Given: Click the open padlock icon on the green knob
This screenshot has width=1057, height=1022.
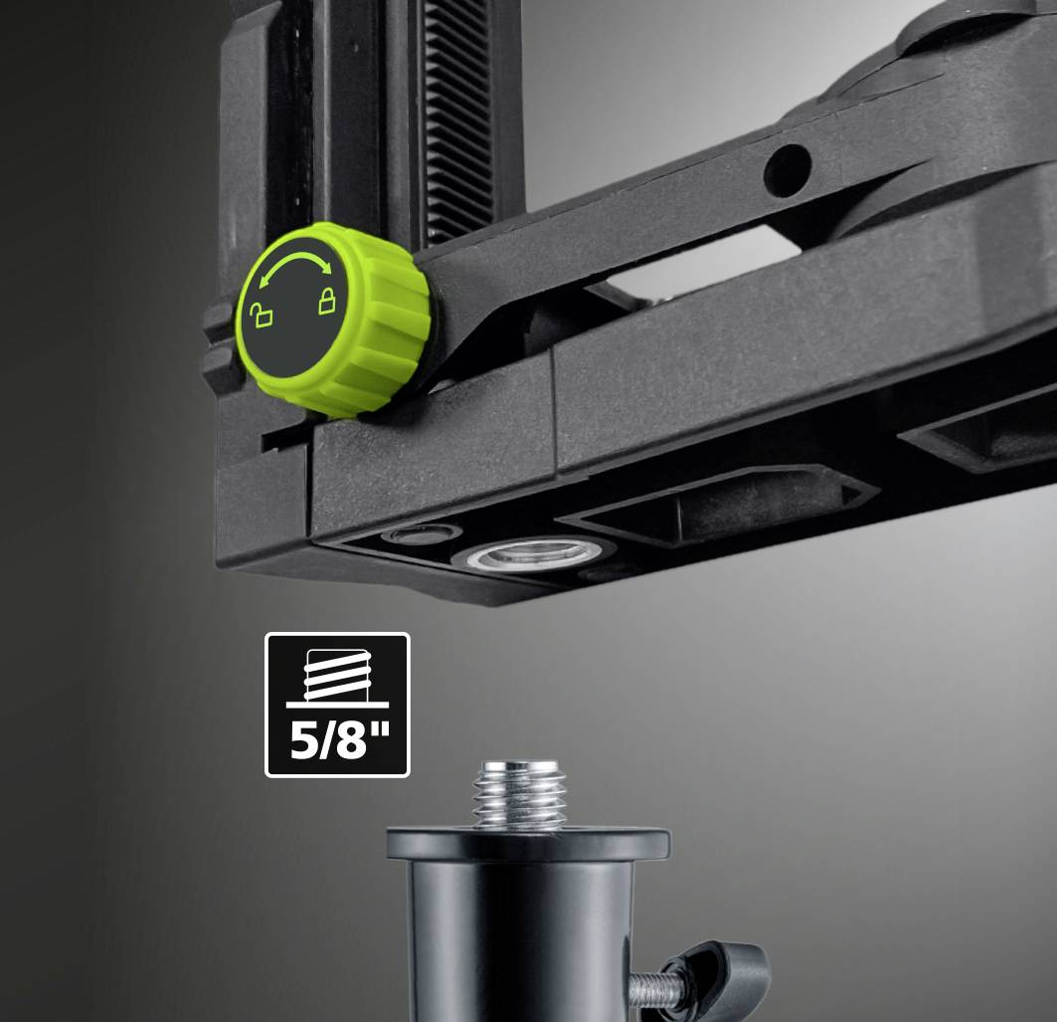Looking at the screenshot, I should click(260, 316).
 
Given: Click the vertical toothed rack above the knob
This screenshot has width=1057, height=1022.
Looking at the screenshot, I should click(458, 109).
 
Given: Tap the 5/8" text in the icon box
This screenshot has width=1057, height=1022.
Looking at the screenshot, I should click(337, 741).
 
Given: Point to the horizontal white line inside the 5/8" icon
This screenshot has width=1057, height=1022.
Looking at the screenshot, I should click(337, 705).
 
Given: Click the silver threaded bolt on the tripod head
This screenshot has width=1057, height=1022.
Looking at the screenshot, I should click(518, 796).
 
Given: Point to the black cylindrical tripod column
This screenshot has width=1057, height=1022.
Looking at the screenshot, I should click(517, 935).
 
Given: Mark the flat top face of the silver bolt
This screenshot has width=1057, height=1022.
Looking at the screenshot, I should click(518, 767).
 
